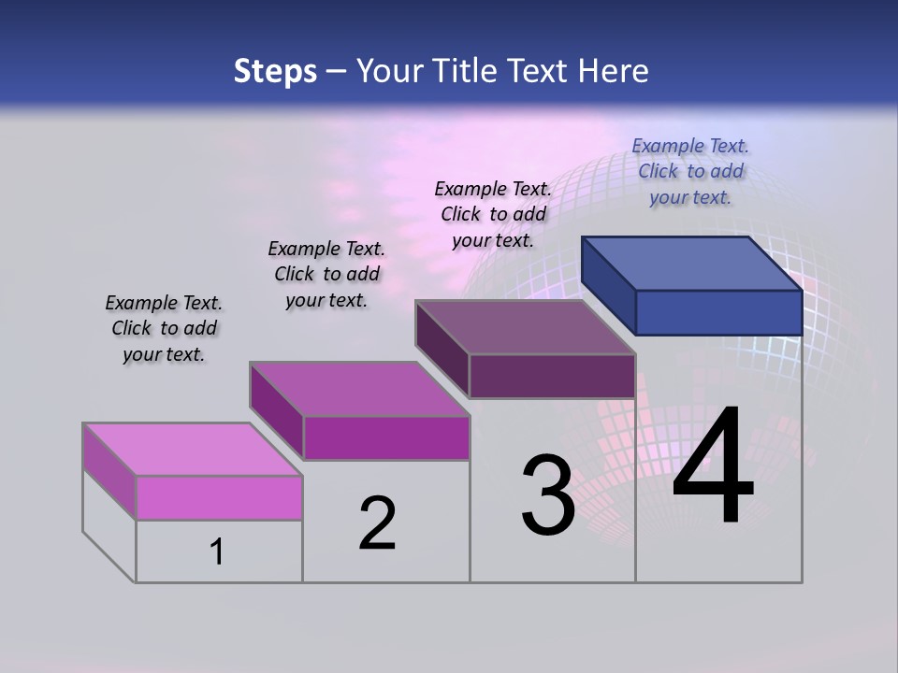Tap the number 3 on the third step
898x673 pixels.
(548, 495)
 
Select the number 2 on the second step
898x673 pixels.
(378, 523)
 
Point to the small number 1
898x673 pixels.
(217, 552)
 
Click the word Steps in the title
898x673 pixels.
(275, 71)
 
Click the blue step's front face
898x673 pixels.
(718, 312)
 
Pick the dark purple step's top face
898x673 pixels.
(524, 327)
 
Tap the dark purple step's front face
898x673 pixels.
(552, 376)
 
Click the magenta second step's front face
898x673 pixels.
(386, 437)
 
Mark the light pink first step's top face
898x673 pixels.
(192, 449)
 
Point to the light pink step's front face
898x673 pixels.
(219, 497)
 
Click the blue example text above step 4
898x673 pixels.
(690, 171)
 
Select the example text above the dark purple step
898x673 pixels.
(493, 214)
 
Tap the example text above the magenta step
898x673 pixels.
(326, 274)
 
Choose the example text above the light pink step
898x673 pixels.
(164, 328)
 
